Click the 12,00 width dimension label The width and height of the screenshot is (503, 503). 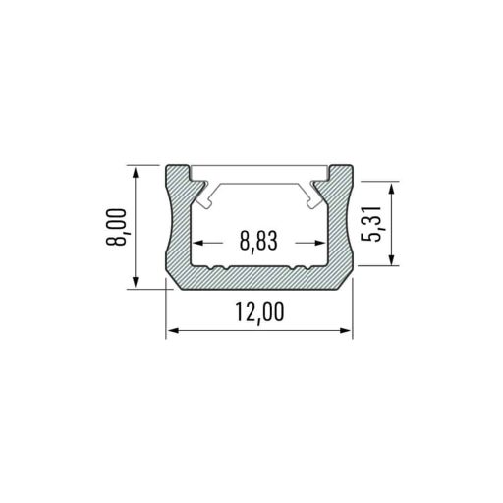coord(259,312)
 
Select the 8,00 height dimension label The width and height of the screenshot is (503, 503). coord(116,227)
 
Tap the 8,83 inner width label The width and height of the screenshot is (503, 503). coord(258,241)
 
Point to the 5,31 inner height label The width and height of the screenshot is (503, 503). coord(371,224)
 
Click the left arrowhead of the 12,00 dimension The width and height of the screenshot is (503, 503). coord(172,330)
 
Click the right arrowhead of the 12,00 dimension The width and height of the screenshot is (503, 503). coord(346,330)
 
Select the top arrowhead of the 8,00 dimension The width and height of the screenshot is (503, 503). coord(136,173)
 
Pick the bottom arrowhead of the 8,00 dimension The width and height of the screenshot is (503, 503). coord(136,282)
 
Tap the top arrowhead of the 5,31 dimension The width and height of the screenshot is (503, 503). coord(391,190)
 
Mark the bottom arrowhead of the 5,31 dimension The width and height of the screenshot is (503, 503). coord(391,258)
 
